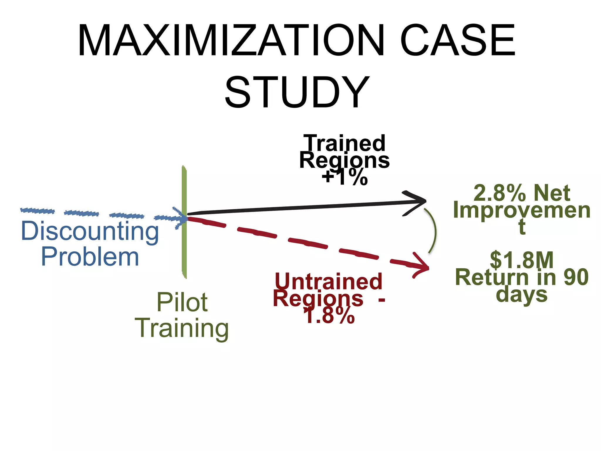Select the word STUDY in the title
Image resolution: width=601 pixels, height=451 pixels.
[297, 92]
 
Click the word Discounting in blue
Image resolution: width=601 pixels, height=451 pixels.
[90, 231]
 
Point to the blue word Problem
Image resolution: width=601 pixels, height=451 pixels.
[90, 257]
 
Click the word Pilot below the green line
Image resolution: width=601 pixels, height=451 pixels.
[182, 302]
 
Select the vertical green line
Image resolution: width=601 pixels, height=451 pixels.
[184, 250]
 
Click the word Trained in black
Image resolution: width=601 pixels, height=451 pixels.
[345, 143]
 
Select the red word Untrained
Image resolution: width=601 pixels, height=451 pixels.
[329, 281]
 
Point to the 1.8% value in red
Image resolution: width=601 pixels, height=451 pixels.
[329, 316]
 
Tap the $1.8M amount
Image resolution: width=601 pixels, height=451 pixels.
[522, 260]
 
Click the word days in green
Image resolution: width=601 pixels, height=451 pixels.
[522, 295]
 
